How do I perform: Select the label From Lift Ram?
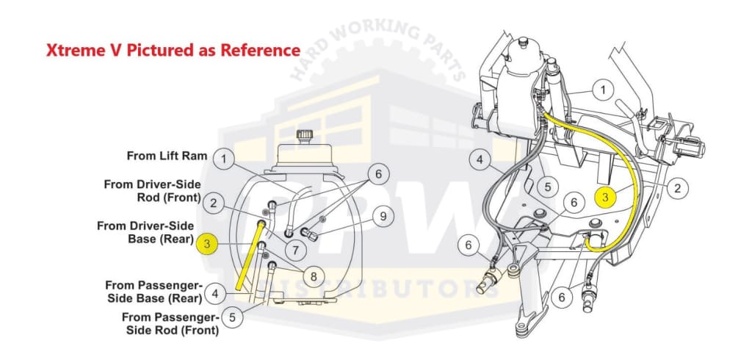pos(167,156)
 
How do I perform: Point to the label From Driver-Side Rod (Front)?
pos(153,191)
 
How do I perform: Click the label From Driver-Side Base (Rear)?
pos(145,232)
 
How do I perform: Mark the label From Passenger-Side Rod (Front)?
pos(170,323)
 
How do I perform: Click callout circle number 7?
pos(295,250)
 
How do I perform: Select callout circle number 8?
pos(314,276)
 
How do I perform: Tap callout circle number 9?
pos(383,216)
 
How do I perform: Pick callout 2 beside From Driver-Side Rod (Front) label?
pos(214,204)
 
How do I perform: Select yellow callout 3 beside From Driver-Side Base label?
pos(207,244)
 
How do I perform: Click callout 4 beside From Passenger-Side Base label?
pos(215,293)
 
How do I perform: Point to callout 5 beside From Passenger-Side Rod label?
pos(233,317)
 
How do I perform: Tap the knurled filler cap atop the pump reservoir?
pos(303,135)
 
